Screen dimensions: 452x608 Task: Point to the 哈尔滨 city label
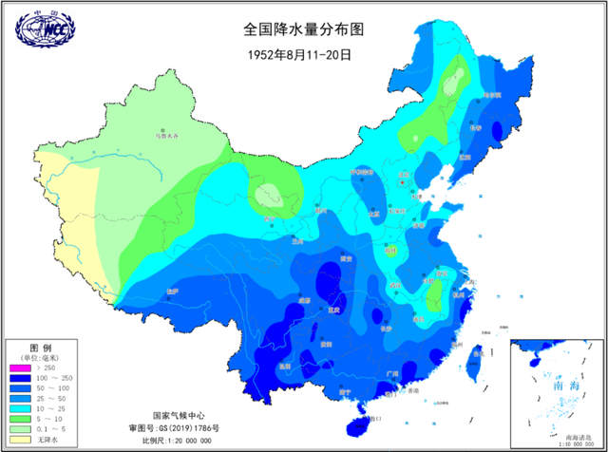(490, 95)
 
